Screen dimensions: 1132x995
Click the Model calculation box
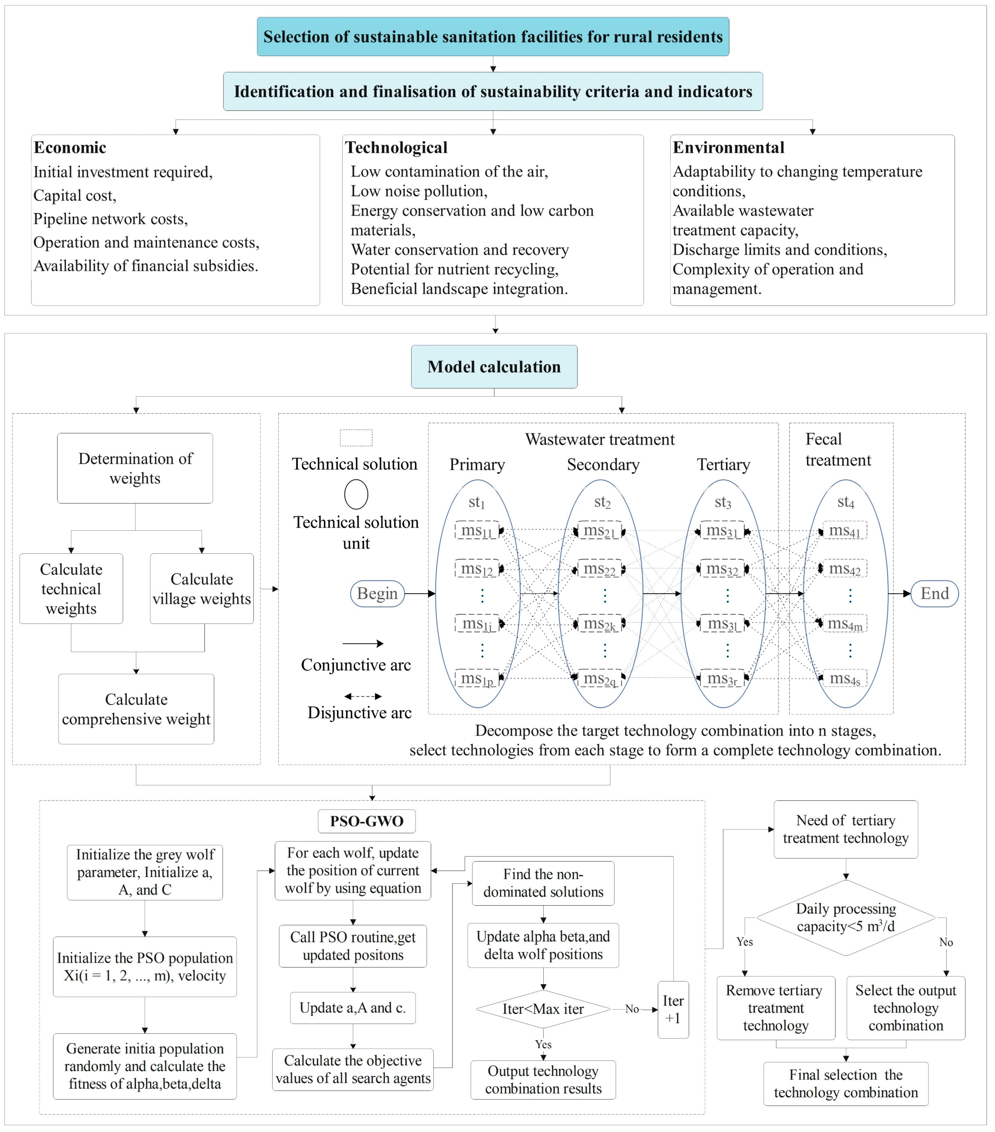(x=494, y=367)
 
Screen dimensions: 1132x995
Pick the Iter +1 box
(x=673, y=1009)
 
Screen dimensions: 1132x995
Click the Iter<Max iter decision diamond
(x=543, y=1009)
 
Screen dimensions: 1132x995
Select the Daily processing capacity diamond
(x=845, y=918)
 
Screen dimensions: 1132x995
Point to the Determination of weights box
(x=135, y=468)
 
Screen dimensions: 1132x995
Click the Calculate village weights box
(x=202, y=589)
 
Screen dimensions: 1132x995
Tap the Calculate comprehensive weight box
(x=136, y=709)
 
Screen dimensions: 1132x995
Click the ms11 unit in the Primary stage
(x=476, y=531)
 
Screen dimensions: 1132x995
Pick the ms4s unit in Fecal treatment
(x=845, y=679)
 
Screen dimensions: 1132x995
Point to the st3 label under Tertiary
(x=722, y=502)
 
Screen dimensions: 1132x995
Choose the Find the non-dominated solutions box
(x=543, y=883)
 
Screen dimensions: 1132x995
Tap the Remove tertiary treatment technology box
(x=775, y=1008)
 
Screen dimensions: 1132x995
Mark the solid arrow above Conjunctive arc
(x=363, y=643)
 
